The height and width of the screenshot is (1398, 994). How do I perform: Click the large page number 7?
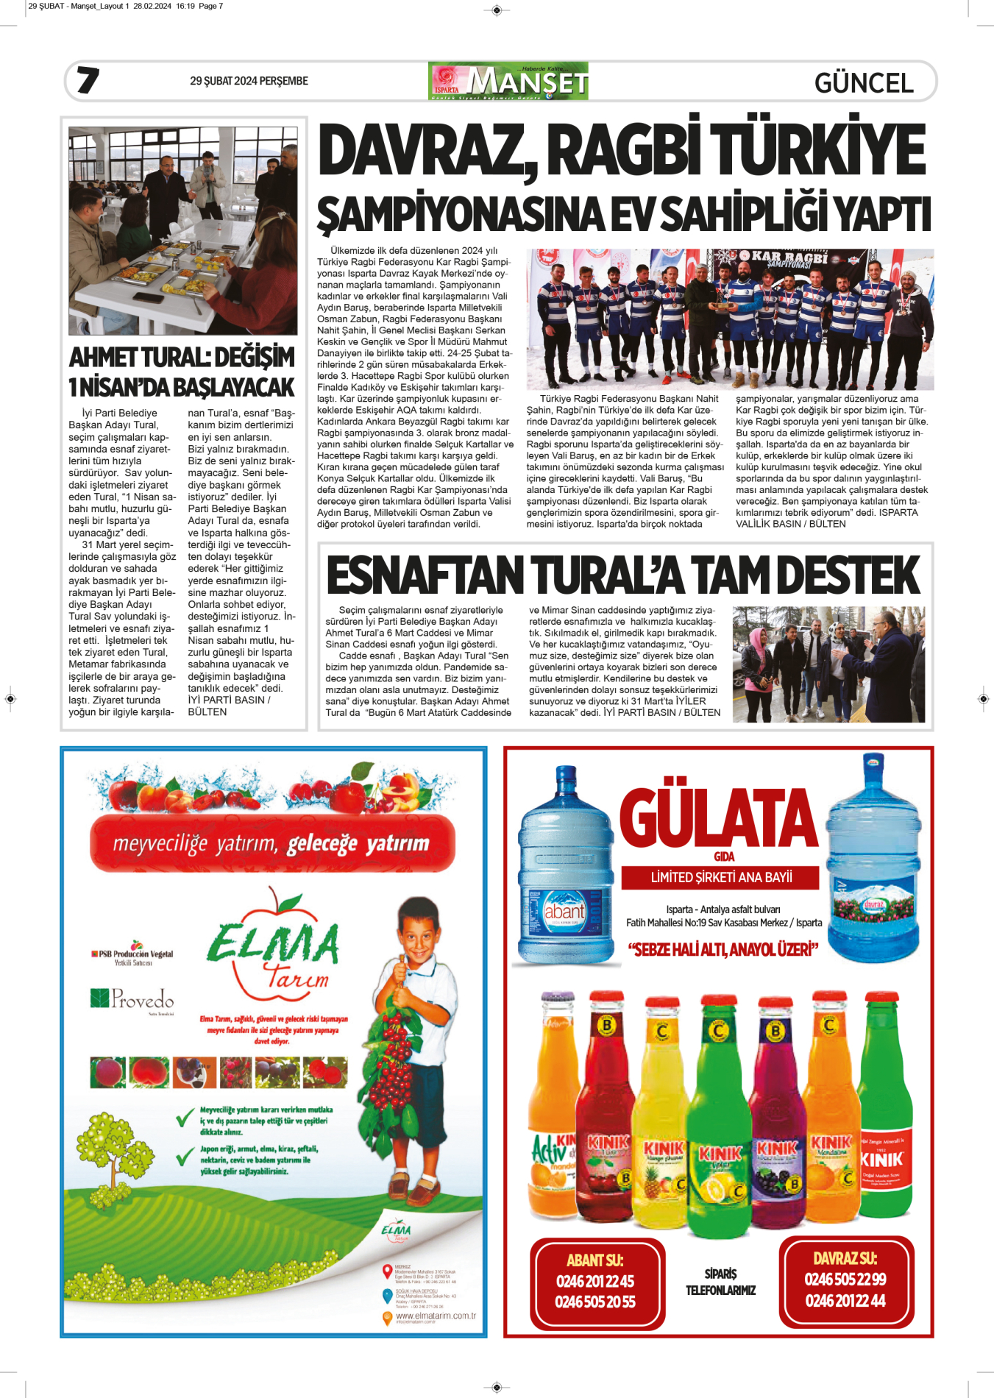click(88, 80)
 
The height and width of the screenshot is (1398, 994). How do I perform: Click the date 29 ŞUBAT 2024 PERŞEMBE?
click(249, 81)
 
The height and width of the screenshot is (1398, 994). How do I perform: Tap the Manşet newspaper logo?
click(508, 81)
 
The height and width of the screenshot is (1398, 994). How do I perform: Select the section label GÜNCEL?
click(864, 82)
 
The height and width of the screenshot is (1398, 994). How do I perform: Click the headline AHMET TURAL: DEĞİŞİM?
click(182, 358)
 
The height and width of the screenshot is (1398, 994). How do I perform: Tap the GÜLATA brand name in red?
click(718, 818)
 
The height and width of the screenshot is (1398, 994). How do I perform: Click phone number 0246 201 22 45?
click(595, 1281)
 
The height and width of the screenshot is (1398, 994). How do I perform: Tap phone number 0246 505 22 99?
click(845, 1279)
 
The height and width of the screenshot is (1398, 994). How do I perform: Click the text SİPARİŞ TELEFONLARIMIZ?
click(720, 1282)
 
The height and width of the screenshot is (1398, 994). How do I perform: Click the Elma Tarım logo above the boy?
click(272, 949)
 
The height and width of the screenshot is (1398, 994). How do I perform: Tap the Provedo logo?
click(132, 999)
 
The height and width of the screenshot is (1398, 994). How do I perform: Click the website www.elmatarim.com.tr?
click(436, 1316)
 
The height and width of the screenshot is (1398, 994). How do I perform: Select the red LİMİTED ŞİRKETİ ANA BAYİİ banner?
click(721, 877)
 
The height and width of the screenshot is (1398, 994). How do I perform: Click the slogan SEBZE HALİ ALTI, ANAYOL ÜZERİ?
click(723, 950)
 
